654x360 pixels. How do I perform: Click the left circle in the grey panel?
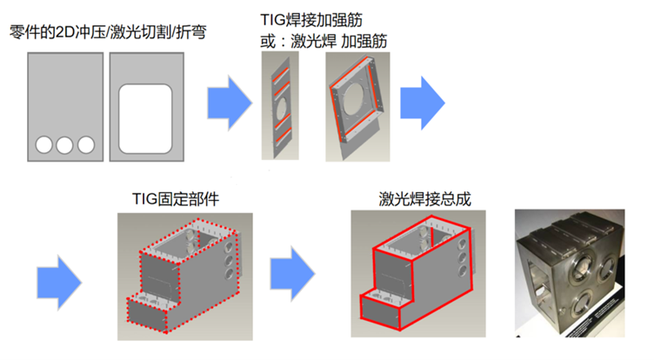pos(44,144)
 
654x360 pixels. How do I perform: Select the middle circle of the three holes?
pos(65,144)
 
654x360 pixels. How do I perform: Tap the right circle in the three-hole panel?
pos(85,144)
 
